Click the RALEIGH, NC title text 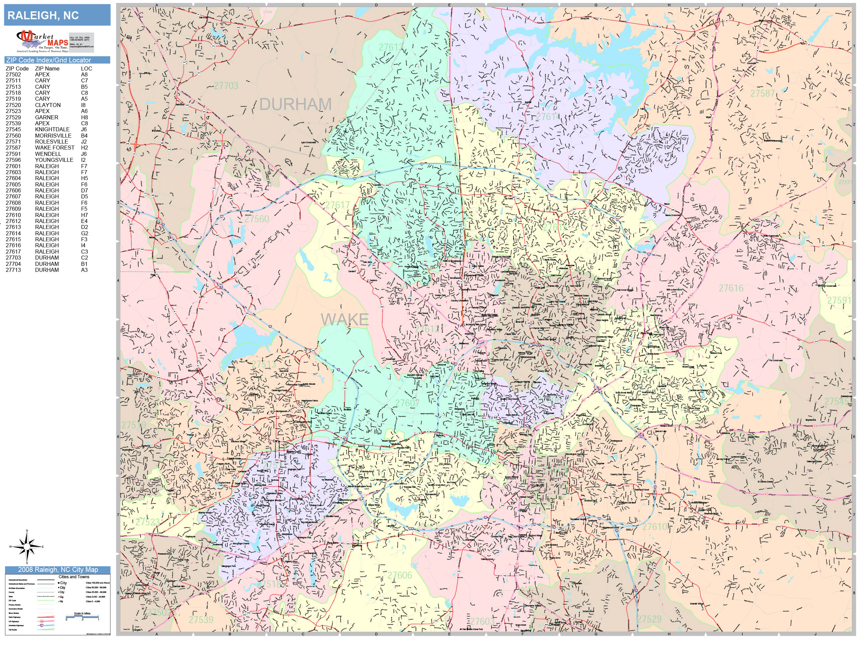click(x=43, y=16)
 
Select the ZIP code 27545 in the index click(x=13, y=129)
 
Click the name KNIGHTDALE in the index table click(x=52, y=129)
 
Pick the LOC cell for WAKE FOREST click(x=84, y=148)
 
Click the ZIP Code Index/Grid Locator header click(x=48, y=60)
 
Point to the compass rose click(x=27, y=547)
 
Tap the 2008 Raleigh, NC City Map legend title click(x=58, y=570)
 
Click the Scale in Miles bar click(x=82, y=616)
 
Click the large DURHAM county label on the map click(x=295, y=104)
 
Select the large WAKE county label click(x=345, y=320)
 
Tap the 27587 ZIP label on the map click(x=763, y=93)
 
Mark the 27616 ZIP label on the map click(x=731, y=288)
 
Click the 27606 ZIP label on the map click(x=399, y=575)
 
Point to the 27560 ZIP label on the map click(x=257, y=219)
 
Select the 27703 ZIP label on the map click(x=226, y=86)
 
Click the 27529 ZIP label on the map click(x=649, y=619)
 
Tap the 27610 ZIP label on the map click(x=655, y=527)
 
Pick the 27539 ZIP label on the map click(x=201, y=619)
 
